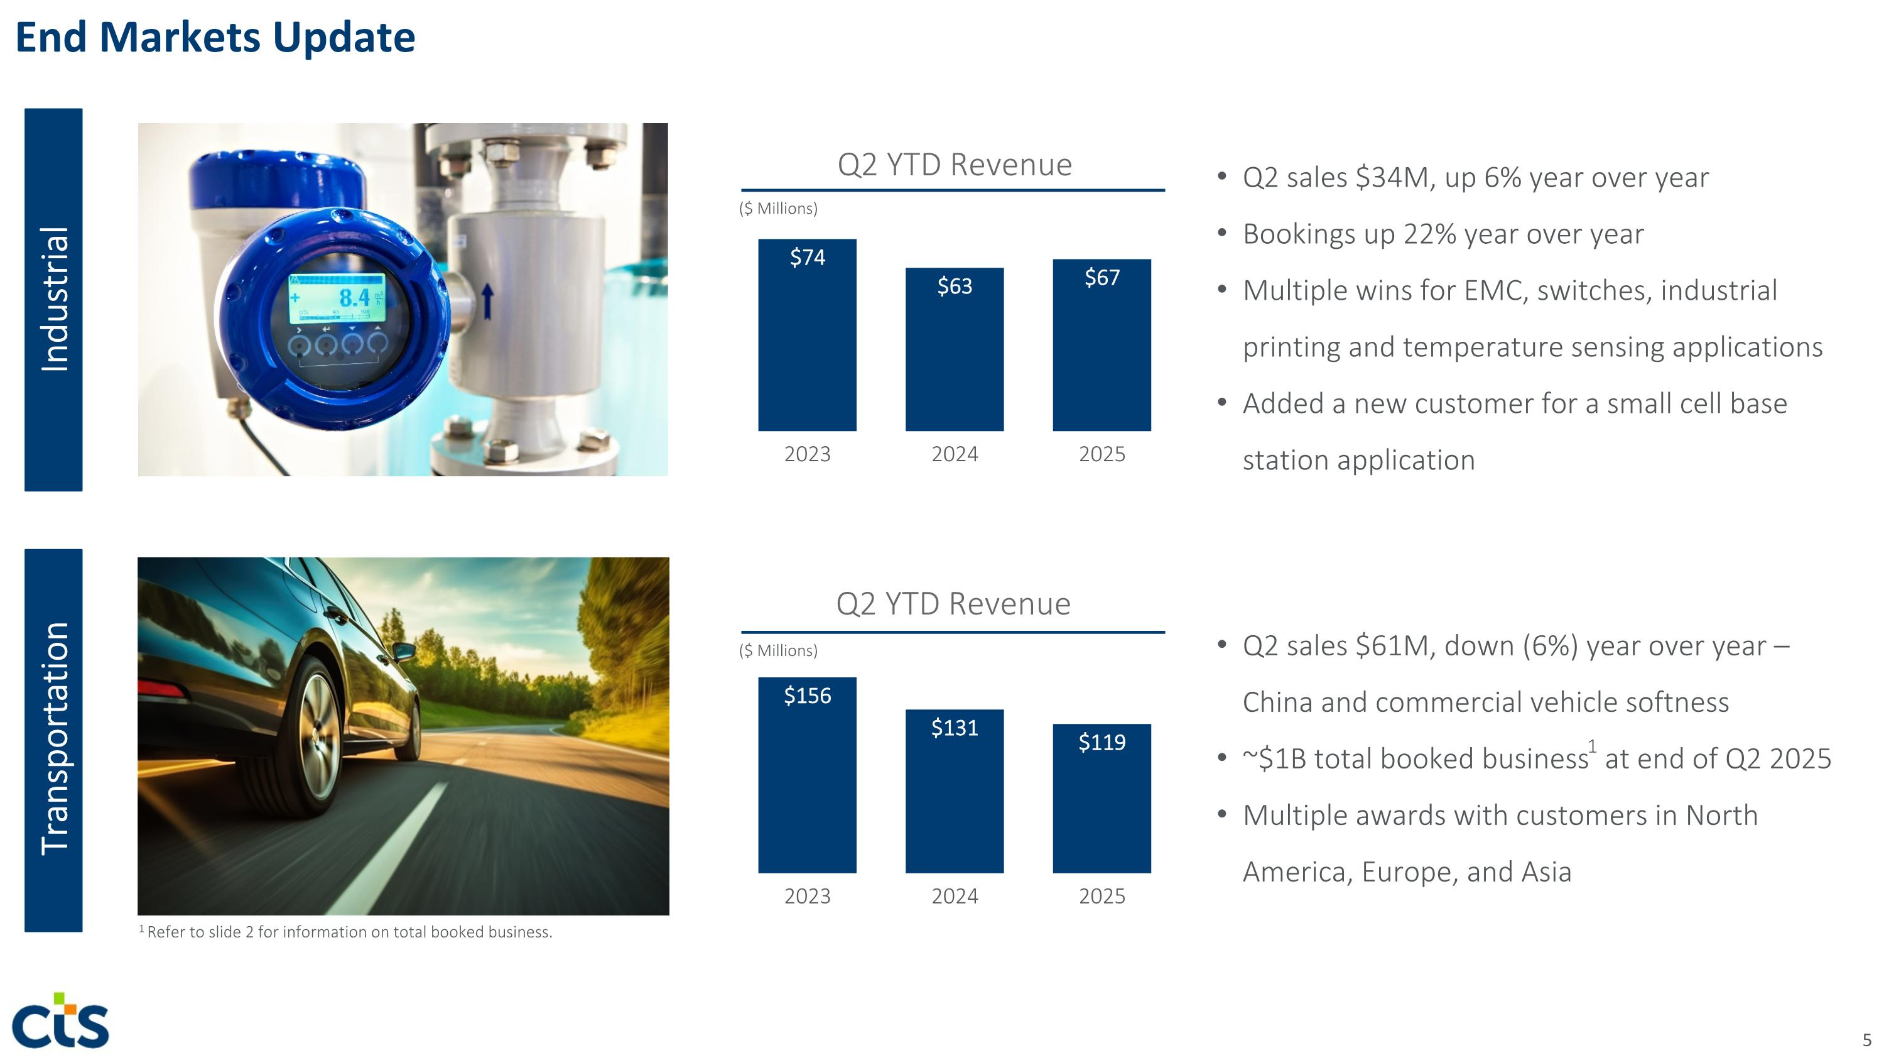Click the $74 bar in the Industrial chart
pyautogui.click(x=807, y=344)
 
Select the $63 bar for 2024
pyautogui.click(x=955, y=358)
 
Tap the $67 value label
pyautogui.click(x=1102, y=277)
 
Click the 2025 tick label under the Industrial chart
pyautogui.click(x=1102, y=454)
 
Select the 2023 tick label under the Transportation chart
pyautogui.click(x=807, y=896)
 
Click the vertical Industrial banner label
pyautogui.click(x=54, y=300)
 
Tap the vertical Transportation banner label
pyautogui.click(x=54, y=739)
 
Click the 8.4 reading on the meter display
pyautogui.click(x=354, y=298)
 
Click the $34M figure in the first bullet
pyautogui.click(x=1394, y=178)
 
